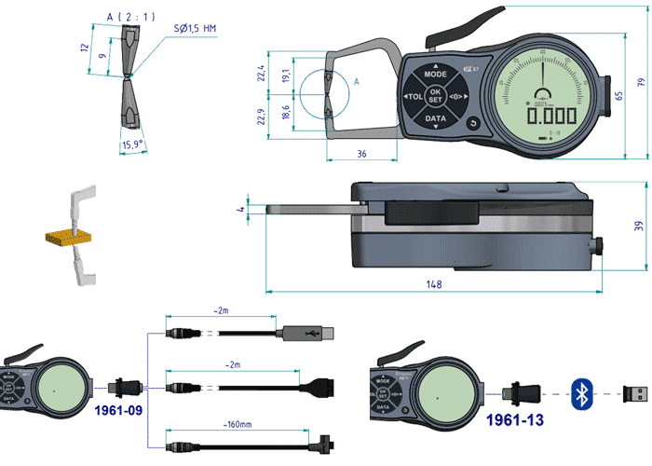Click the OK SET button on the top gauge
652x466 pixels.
(435, 96)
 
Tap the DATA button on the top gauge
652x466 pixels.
(435, 120)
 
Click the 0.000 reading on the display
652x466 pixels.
(551, 116)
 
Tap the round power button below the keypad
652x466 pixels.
(472, 122)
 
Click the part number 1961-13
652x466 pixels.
(514, 420)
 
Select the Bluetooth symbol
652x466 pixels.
(582, 393)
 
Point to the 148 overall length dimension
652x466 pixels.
(433, 284)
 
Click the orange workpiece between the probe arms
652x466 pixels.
(61, 237)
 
